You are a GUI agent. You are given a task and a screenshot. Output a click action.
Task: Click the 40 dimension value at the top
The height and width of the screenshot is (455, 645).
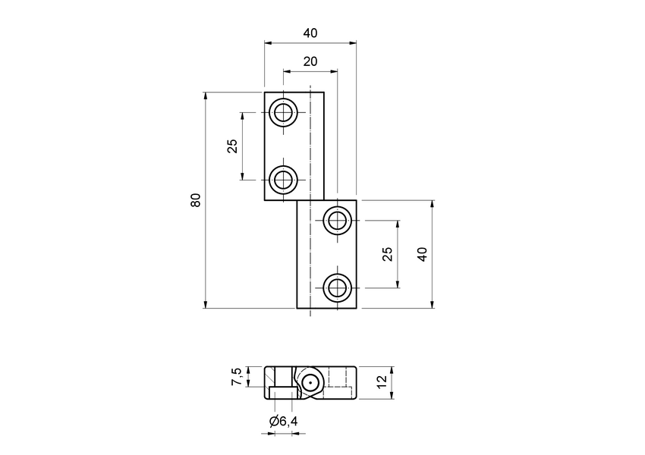[x=310, y=33]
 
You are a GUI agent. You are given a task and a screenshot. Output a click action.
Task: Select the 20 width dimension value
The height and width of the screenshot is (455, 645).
[x=310, y=61]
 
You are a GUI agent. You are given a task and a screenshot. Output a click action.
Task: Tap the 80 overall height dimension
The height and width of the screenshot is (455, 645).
[x=196, y=200]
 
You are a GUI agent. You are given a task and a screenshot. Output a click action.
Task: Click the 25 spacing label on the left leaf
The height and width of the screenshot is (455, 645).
[x=233, y=146]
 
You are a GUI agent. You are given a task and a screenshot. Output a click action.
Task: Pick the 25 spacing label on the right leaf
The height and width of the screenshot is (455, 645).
[x=388, y=254]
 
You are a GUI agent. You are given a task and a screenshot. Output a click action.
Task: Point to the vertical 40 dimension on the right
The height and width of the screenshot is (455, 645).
[x=423, y=254]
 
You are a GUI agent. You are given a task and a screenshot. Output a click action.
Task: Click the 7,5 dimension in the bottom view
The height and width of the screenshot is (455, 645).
[x=237, y=377]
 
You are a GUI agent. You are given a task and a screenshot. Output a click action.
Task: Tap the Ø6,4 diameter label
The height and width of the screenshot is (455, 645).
[x=282, y=421]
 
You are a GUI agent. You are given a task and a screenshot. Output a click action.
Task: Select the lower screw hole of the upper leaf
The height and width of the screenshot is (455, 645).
[x=284, y=180]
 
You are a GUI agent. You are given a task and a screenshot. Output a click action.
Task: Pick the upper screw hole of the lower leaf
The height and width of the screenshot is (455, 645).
[x=336, y=221]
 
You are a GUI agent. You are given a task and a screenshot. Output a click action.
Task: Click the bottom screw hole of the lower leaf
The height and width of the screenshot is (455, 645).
[x=336, y=287]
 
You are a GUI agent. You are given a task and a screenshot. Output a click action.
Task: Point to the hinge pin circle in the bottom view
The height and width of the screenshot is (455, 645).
[x=310, y=383]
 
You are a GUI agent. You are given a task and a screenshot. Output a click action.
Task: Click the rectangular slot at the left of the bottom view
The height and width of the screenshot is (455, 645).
[x=282, y=392]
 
